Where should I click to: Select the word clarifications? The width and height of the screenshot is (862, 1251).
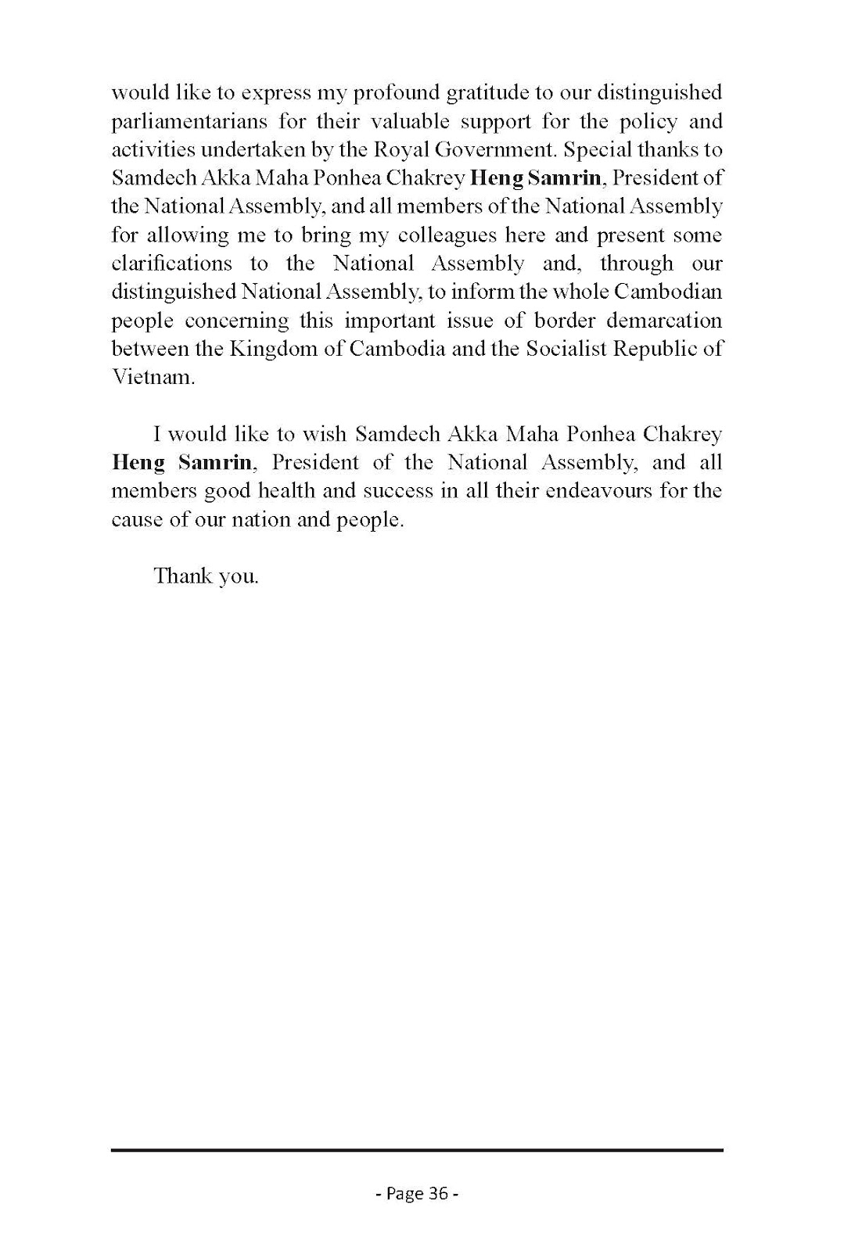171,263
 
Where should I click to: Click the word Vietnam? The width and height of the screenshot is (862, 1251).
152,377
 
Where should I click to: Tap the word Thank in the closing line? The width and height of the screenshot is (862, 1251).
178,577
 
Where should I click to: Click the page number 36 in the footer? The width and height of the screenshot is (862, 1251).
437,1193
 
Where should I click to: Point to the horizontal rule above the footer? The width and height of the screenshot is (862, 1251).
417,1150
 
